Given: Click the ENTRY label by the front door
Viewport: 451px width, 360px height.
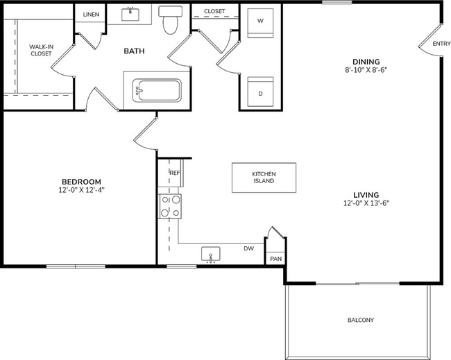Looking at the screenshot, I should [x=441, y=44].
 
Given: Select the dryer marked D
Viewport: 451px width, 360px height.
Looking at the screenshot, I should [x=260, y=90].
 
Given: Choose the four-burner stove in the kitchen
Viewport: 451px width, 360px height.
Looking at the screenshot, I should [x=171, y=206].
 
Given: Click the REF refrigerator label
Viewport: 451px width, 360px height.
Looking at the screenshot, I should [x=175, y=173].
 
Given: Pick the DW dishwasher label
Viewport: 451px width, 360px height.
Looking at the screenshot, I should [x=248, y=248].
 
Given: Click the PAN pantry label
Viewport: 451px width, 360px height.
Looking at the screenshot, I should [x=275, y=259].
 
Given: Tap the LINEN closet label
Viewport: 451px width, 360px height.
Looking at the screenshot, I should [x=90, y=14].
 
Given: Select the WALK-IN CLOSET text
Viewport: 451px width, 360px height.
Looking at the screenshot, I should [x=40, y=50].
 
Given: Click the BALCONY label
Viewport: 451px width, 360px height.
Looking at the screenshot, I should [x=360, y=320].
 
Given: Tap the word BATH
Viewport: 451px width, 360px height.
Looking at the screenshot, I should [x=134, y=51].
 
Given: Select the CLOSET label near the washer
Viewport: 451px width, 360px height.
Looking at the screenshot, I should [x=214, y=11].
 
